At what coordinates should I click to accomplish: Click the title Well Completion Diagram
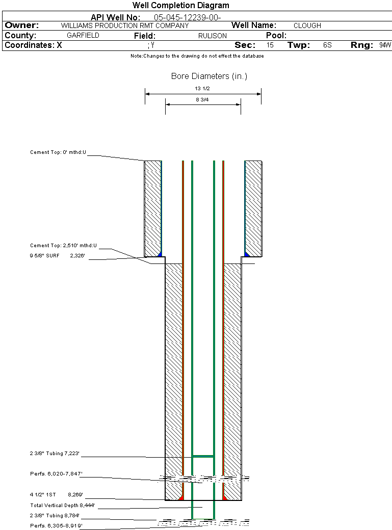point(180,6)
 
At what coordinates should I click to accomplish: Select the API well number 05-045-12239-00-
point(188,17)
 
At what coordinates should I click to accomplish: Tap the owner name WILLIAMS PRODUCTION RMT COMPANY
point(125,25)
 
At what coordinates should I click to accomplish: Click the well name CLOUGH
point(307,25)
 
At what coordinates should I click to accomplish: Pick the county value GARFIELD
point(83,36)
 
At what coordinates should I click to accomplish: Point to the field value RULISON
point(213,36)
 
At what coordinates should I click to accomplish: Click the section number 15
point(270,45)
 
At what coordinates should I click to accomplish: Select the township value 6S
point(327,45)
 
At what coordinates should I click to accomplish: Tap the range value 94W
point(385,45)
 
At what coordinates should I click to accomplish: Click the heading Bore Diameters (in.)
point(209,76)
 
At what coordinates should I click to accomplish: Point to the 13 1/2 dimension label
point(202,89)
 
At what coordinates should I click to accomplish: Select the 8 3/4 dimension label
point(202,100)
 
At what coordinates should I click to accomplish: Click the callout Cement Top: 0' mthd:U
point(58,152)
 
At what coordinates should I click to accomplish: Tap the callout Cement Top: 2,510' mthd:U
point(63,246)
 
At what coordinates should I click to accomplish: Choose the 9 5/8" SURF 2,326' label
point(57,255)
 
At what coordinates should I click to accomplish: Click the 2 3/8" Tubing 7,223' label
point(55,454)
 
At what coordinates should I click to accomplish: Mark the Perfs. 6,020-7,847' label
point(56,474)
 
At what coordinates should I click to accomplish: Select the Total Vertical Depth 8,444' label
point(62,506)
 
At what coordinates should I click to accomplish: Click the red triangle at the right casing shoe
point(225,498)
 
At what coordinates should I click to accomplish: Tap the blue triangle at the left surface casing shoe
point(160,254)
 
